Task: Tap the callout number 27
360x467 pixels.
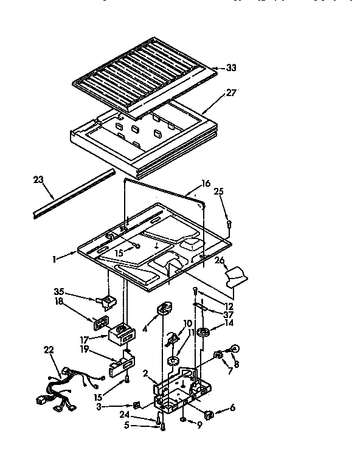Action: [x=231, y=92]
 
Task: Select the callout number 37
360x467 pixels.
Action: [x=227, y=314]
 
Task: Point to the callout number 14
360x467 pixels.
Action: [x=229, y=324]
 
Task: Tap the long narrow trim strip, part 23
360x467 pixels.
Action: [x=73, y=194]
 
